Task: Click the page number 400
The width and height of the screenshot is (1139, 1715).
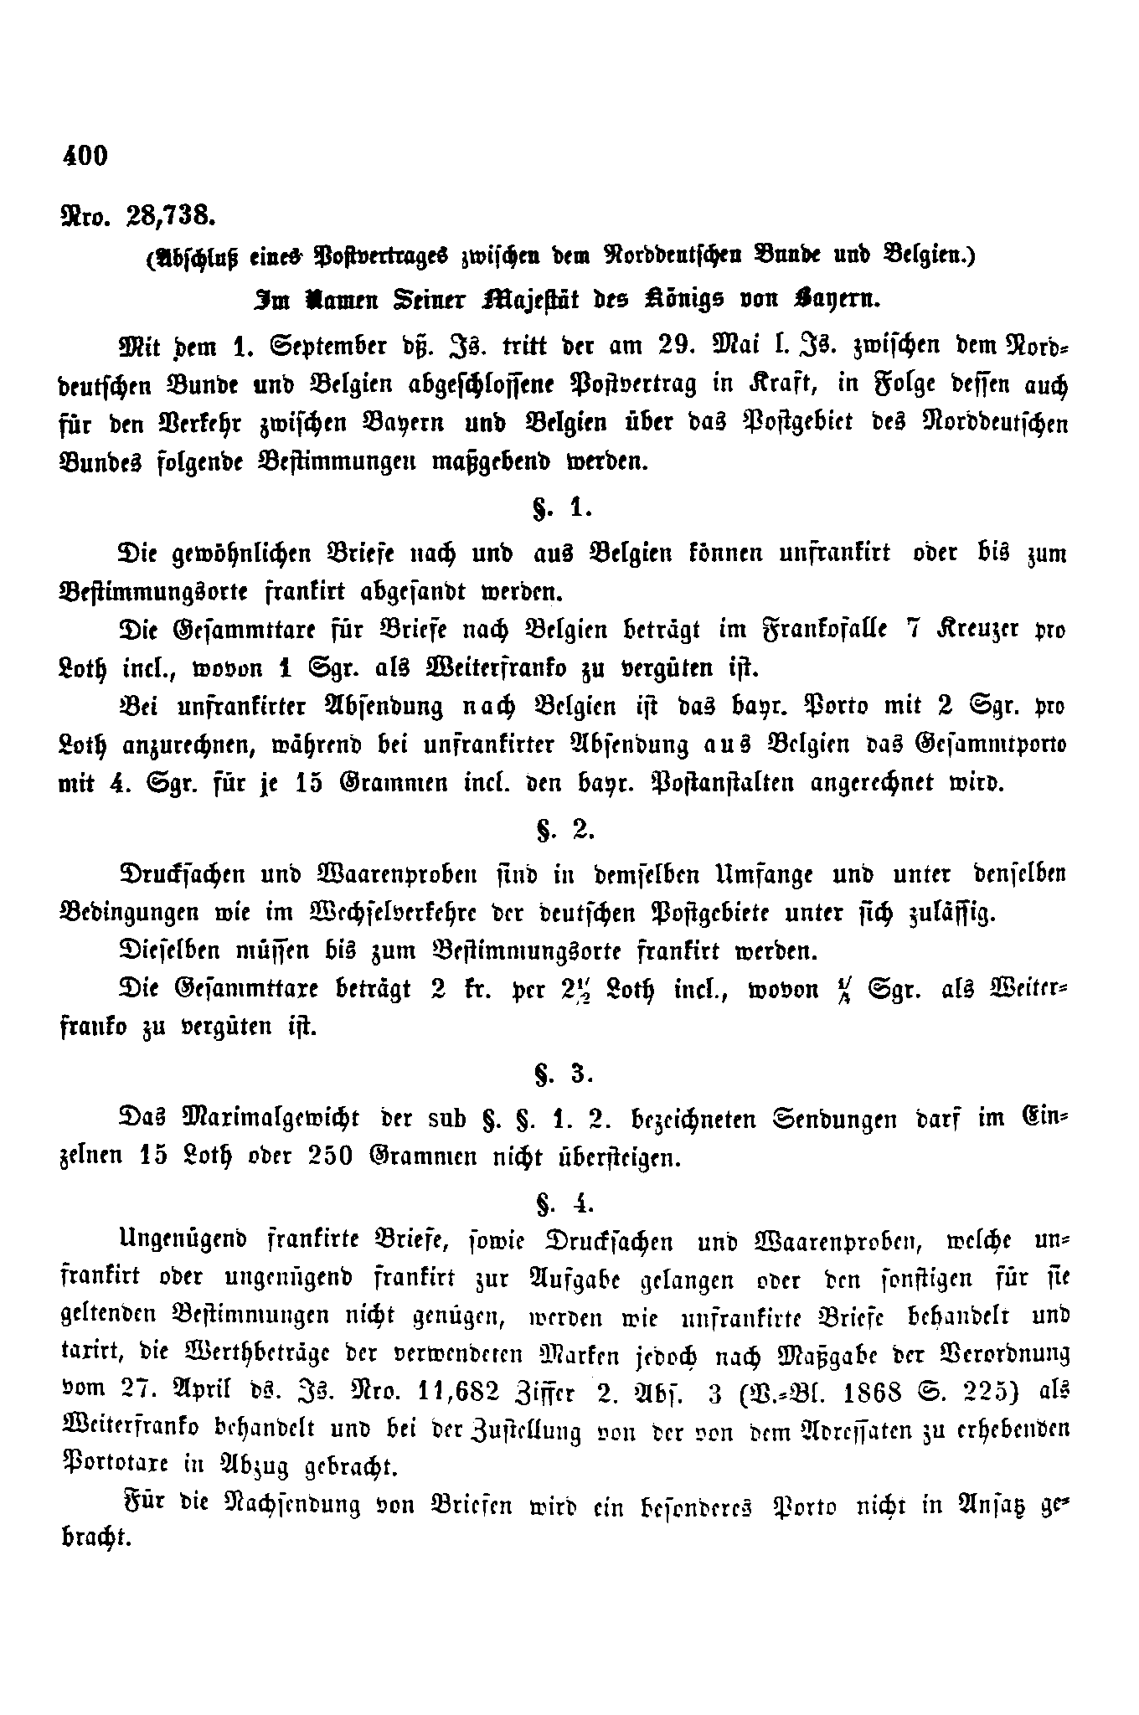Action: click(x=85, y=155)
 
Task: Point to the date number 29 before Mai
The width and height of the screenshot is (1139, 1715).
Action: click(x=674, y=347)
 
